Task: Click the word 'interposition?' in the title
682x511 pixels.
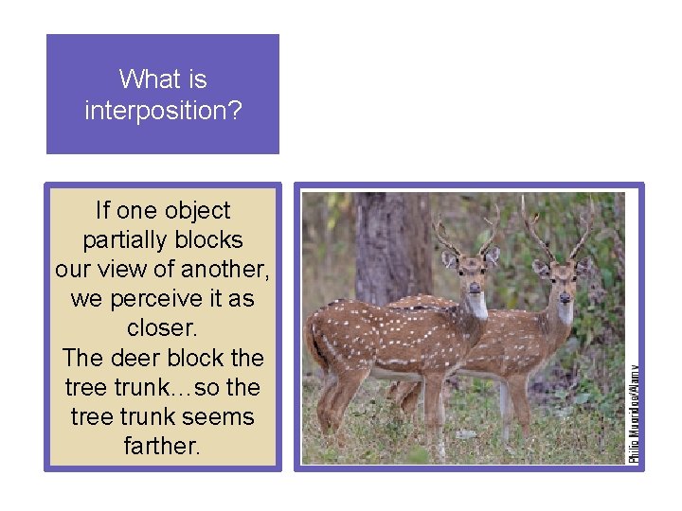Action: (x=163, y=111)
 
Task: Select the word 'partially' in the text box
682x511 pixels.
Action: (x=121, y=239)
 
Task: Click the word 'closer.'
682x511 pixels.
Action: (x=162, y=328)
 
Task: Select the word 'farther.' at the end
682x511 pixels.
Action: (x=162, y=446)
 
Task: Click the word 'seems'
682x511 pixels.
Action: (x=218, y=416)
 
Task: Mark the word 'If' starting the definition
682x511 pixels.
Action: (x=103, y=210)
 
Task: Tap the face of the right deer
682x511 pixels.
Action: (x=563, y=282)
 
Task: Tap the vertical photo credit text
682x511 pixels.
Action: (x=635, y=413)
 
